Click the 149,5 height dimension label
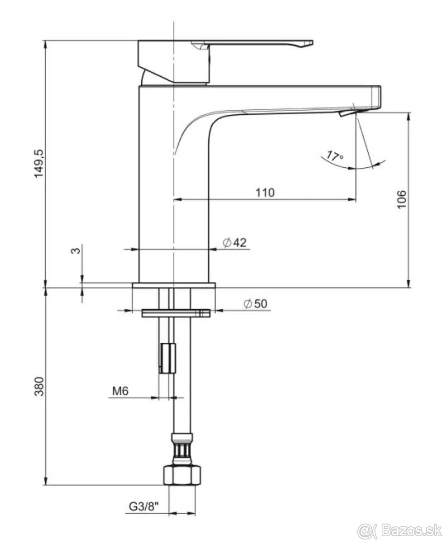click(39, 164)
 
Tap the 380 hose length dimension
click(39, 386)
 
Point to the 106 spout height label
click(401, 199)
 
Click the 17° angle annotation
click(335, 156)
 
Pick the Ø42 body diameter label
click(235, 243)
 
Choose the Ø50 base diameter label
click(255, 304)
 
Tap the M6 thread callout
click(120, 391)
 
